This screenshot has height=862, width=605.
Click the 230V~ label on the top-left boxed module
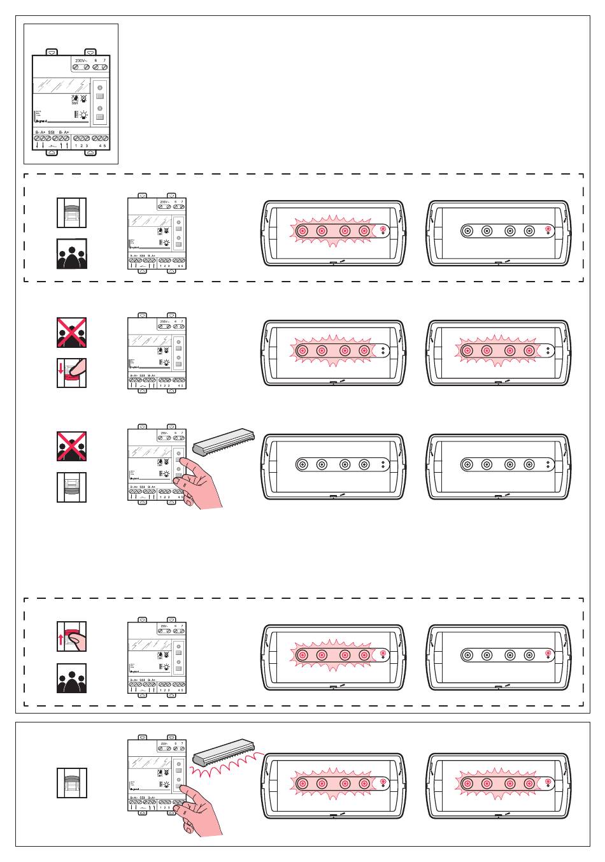pyautogui.click(x=80, y=59)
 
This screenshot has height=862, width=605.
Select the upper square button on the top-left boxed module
pyautogui.click(x=100, y=96)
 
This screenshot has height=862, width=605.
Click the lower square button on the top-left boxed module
pyautogui.click(x=100, y=118)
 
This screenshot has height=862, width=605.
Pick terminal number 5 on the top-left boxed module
pyautogui.click(x=104, y=146)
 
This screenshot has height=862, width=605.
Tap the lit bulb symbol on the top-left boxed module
pyautogui.click(x=82, y=115)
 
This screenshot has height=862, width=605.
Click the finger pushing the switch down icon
pyautogui.click(x=71, y=373)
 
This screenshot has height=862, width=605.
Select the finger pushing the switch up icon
pyautogui.click(x=71, y=636)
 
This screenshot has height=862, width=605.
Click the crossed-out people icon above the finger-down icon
pyautogui.click(x=71, y=332)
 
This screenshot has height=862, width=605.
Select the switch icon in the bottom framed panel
pyautogui.click(x=71, y=782)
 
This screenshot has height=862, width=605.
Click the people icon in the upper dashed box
pyautogui.click(x=71, y=253)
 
